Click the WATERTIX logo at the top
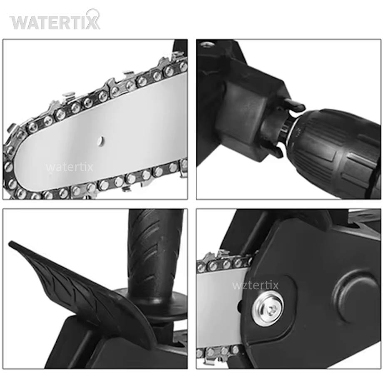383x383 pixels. pos(55,20)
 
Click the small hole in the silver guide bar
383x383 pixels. pos(101,141)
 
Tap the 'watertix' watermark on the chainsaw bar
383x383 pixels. pos(70,167)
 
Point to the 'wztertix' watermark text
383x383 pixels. pos(255,285)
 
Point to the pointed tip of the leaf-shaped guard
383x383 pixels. pos(10,243)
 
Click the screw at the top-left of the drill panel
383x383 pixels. pos(206,44)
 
